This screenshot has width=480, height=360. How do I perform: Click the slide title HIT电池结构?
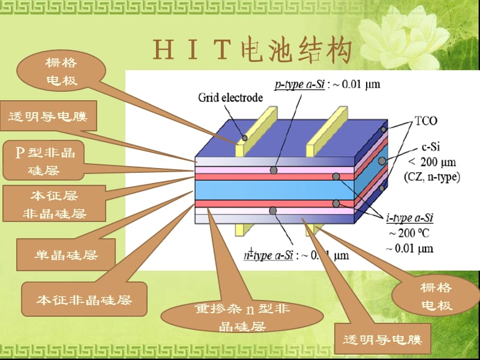(252, 52)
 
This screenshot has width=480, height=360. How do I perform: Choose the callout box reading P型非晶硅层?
(44, 161)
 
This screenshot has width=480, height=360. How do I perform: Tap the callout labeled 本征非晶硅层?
(84, 300)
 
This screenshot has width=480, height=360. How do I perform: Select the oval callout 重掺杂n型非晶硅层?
(242, 317)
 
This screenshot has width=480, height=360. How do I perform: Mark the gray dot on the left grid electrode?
(244, 137)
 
